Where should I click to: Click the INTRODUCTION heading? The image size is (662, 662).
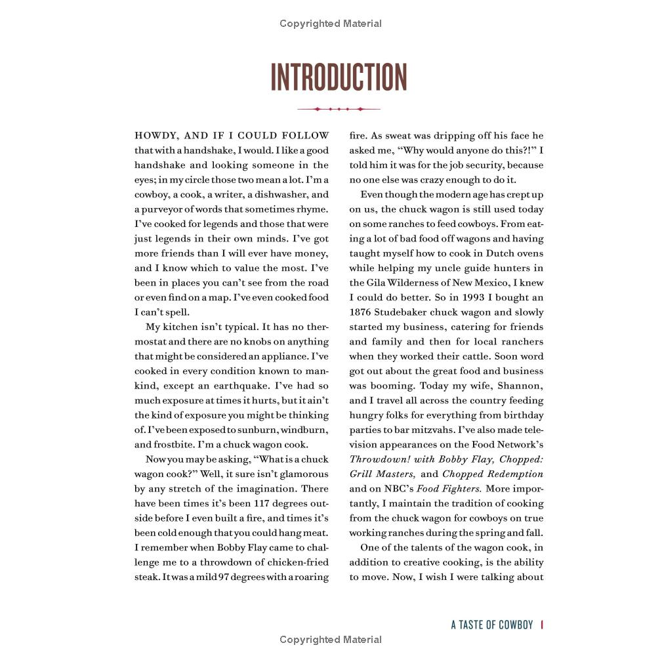tap(339, 77)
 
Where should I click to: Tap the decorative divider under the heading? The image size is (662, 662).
tap(339, 109)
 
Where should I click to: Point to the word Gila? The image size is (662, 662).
tap(379, 283)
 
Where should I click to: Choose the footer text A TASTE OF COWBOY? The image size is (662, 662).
tap(492, 625)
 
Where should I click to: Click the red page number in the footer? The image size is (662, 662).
tap(542, 625)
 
